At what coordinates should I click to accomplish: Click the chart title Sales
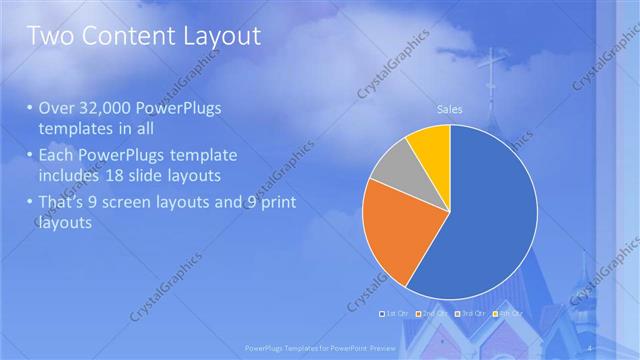(x=450, y=109)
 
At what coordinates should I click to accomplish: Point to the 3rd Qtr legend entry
(x=471, y=314)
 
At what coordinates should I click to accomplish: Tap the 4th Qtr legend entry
(x=508, y=314)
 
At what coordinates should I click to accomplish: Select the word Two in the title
(x=49, y=37)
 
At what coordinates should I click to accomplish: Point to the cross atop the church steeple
(x=491, y=68)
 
